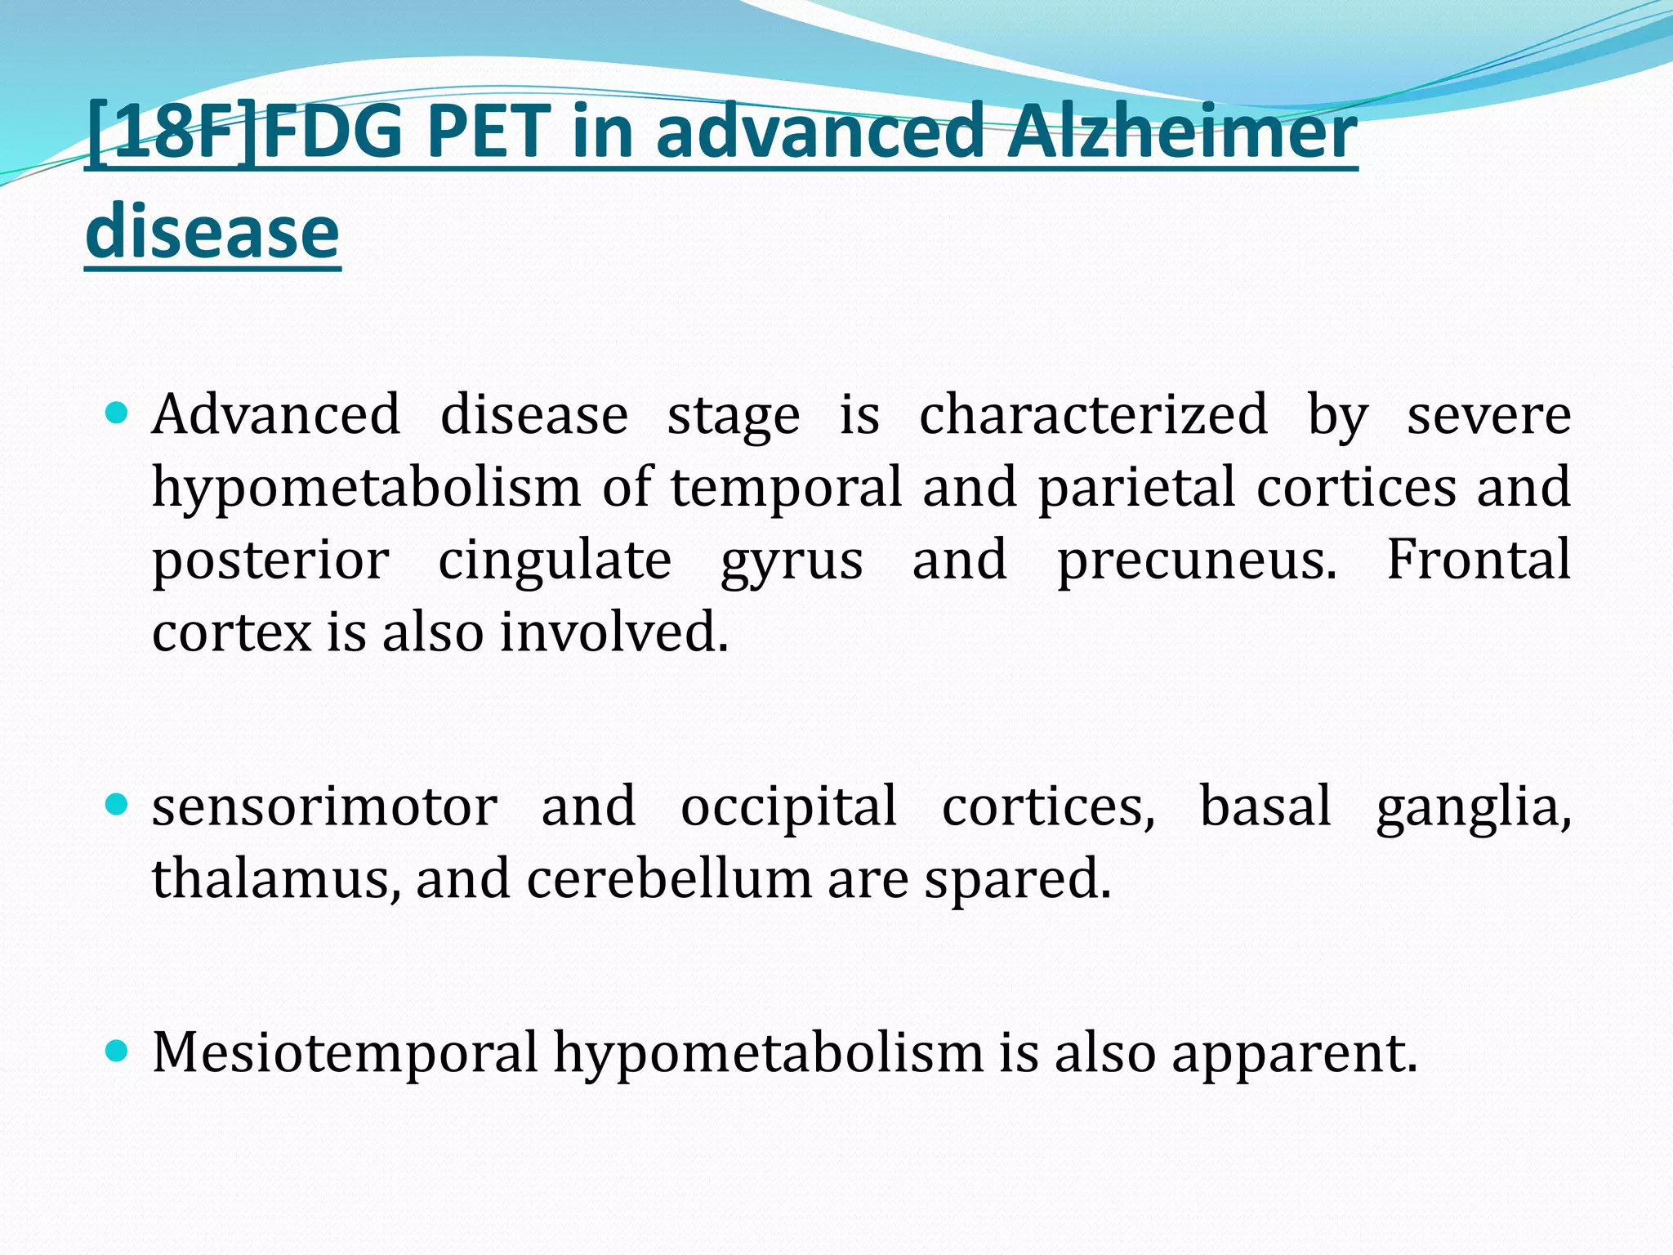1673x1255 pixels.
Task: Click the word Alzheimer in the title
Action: pyautogui.click(x=1181, y=132)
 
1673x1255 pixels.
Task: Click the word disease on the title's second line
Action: pyautogui.click(x=212, y=233)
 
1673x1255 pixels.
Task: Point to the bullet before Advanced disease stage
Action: pyautogui.click(x=118, y=413)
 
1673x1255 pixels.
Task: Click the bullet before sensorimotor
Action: pyautogui.click(x=118, y=806)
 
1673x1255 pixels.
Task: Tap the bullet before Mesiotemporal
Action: pyautogui.click(x=118, y=1051)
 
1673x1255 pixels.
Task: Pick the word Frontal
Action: pyautogui.click(x=1479, y=561)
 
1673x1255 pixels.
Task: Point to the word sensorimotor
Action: pyautogui.click(x=324, y=807)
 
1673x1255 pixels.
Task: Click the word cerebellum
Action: pyautogui.click(x=669, y=879)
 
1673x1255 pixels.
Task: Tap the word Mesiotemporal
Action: pyautogui.click(x=345, y=1052)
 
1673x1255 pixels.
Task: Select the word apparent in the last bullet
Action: pyautogui.click(x=1293, y=1054)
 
